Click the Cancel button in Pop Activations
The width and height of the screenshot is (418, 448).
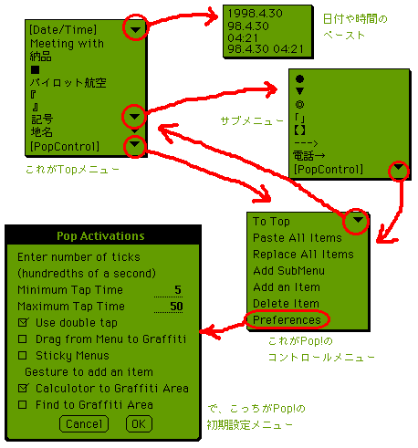tap(84, 423)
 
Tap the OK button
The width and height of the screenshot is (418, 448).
tap(139, 423)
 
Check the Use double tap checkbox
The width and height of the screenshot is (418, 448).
tap(23, 322)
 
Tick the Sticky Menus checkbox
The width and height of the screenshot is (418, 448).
tap(23, 355)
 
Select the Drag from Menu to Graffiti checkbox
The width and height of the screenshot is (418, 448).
tap(23, 339)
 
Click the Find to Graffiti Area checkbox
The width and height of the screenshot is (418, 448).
tap(23, 404)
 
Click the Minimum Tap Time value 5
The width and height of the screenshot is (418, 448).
tap(178, 289)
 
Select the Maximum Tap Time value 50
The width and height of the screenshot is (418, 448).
tap(176, 306)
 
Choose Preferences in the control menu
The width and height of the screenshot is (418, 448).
tap(287, 319)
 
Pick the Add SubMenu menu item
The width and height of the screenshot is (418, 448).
tap(288, 270)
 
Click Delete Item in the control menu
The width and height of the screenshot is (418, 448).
tap(286, 303)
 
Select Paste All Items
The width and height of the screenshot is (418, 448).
tap(298, 237)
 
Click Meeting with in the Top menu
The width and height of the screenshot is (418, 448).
tap(67, 44)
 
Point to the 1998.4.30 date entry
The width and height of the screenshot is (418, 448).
tap(255, 13)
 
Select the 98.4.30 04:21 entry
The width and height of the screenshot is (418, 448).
tap(266, 48)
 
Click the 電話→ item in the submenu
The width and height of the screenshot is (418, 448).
tap(308, 156)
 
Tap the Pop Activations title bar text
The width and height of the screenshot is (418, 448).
tap(100, 235)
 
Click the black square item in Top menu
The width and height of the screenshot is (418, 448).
tap(35, 70)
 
